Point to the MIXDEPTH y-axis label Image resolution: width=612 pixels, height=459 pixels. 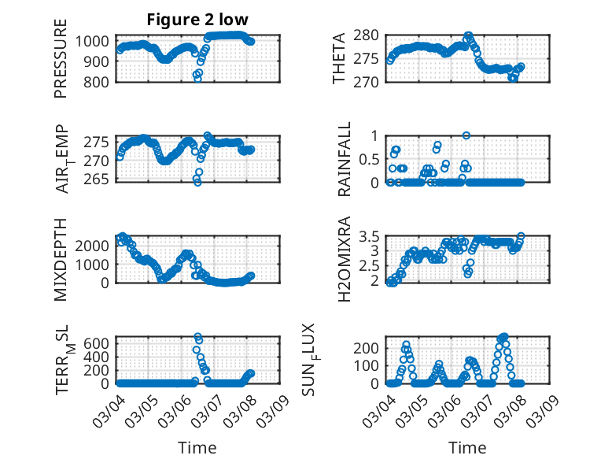pos(61,259)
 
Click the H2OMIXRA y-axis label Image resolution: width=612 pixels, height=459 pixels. pos(345,259)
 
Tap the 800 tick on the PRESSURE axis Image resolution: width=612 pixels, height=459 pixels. pos(100,81)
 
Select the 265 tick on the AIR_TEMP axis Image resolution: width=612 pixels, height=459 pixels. pos(100,180)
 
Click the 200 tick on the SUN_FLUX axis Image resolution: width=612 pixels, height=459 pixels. pos(372,347)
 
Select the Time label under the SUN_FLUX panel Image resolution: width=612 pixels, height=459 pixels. pos(467,447)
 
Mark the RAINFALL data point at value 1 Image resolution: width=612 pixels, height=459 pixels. pos(466,135)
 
